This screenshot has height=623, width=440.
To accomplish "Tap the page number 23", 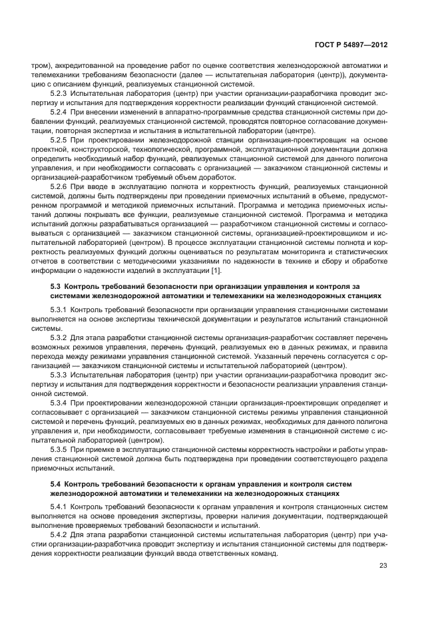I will pos(383,566).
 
